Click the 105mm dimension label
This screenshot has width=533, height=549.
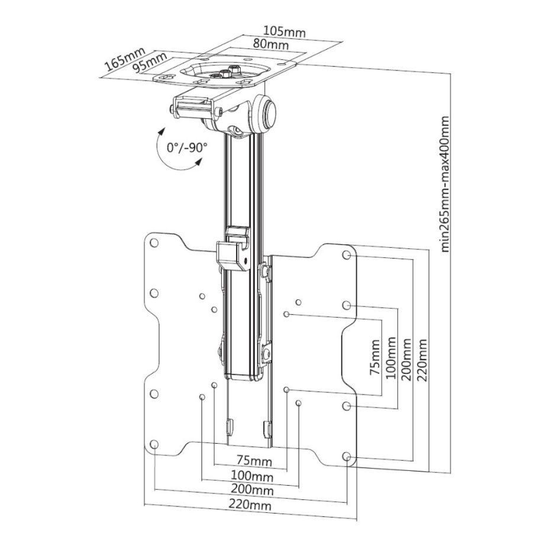point(285,31)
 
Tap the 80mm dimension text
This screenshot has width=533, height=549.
point(271,44)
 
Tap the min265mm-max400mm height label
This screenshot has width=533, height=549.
point(445,184)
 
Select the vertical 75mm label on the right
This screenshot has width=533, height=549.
point(376,357)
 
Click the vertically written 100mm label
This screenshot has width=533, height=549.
point(390,358)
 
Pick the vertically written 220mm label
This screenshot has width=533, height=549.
point(422,360)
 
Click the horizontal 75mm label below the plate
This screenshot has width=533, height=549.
point(254,460)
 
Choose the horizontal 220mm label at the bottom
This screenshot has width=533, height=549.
point(250,505)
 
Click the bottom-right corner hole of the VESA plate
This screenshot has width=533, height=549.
point(346,456)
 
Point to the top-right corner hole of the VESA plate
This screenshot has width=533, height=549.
point(346,255)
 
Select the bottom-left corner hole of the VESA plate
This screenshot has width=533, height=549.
point(154,444)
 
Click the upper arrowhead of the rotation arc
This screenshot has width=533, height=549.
point(161,131)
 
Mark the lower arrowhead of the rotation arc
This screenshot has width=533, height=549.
point(199,162)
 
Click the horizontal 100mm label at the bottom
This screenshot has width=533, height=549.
point(252,476)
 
